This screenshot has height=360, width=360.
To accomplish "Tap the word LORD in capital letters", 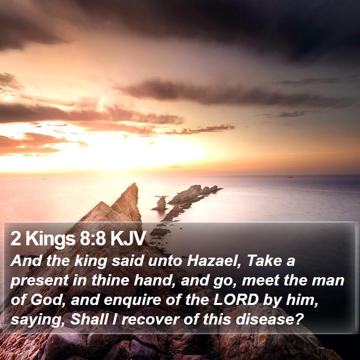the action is click(236, 300).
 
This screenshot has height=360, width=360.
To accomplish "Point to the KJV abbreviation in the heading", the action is click(128, 238).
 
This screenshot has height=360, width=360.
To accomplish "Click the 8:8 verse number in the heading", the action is click(93, 238).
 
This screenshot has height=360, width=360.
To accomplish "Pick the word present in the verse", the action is click(40, 281).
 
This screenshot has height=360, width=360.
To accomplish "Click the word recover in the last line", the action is click(150, 320).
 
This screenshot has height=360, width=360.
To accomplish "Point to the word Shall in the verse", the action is click(89, 319).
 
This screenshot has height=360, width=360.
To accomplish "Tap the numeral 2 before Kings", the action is click(15, 239).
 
